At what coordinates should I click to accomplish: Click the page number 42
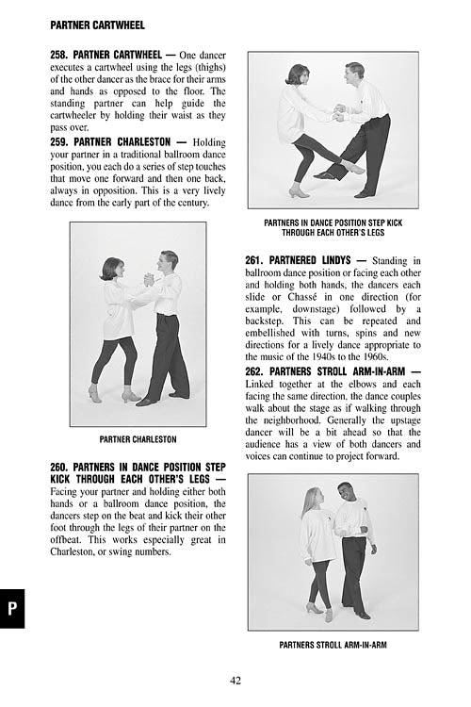click(x=235, y=681)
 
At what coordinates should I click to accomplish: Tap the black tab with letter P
click(x=12, y=608)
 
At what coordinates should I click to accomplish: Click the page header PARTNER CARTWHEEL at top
click(x=97, y=25)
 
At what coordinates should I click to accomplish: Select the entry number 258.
click(x=59, y=55)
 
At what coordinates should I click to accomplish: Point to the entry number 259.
click(x=59, y=142)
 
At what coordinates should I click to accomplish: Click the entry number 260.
click(x=59, y=468)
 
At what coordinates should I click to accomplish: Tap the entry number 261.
click(x=254, y=260)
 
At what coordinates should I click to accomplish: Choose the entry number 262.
click(x=254, y=371)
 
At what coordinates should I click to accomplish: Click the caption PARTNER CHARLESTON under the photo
click(x=138, y=439)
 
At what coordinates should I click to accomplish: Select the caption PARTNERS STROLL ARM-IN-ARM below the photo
click(x=333, y=645)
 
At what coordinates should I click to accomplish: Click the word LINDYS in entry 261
click(x=336, y=260)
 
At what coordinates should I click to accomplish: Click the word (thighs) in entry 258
click(x=209, y=67)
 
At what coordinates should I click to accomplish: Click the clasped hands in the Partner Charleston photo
click(x=149, y=280)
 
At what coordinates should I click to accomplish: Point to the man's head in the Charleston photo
click(x=168, y=261)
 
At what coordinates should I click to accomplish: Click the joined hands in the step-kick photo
click(x=339, y=113)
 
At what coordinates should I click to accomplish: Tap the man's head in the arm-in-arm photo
click(x=346, y=492)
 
